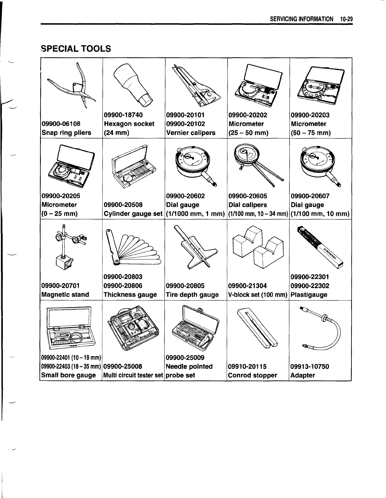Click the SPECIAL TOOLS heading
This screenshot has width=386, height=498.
[76, 49]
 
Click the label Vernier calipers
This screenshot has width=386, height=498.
[191, 133]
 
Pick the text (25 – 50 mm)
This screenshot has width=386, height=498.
[248, 133]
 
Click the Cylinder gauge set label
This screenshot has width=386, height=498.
[133, 214]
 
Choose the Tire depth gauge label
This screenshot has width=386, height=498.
[192, 295]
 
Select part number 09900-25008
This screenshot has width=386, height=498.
[123, 366]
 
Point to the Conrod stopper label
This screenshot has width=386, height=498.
[252, 375]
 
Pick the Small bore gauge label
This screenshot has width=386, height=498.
[69, 375]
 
